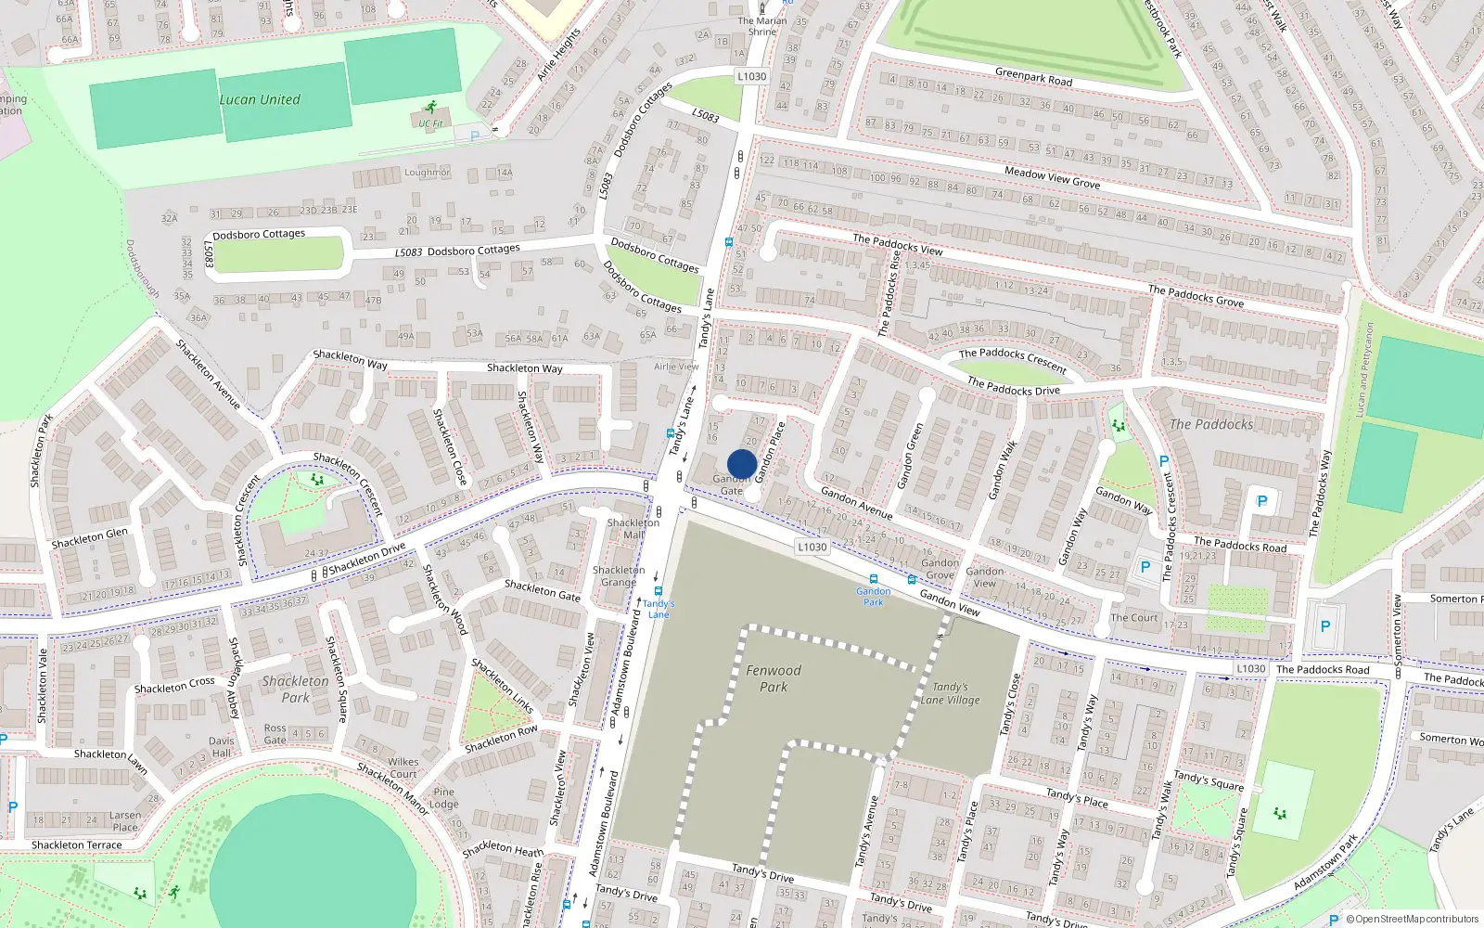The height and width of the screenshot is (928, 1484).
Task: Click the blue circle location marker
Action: pos(742,465)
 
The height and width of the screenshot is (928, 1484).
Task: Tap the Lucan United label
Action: pos(260,99)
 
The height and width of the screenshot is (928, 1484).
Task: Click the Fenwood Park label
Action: pos(774,678)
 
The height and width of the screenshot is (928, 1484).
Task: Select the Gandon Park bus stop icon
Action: pos(874,579)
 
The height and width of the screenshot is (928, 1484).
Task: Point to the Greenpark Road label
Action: pos(1033,76)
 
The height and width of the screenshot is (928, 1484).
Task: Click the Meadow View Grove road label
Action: pos(1052,177)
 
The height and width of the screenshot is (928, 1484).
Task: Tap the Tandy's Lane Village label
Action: pos(951,693)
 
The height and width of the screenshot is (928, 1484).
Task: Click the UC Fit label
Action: pos(430,122)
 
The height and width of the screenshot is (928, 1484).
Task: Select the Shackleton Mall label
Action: pos(633,528)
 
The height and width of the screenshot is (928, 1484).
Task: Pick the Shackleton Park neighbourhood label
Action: pos(295,689)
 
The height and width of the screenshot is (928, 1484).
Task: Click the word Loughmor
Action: pos(427,172)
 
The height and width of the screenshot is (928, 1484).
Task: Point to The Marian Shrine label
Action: pos(762,26)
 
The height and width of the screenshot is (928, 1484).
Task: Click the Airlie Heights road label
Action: pos(558,54)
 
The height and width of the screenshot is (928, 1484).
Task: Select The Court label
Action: pos(1134,617)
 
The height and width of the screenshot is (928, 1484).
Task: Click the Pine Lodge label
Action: pos(444,798)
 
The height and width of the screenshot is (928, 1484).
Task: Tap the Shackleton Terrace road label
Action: pos(76,844)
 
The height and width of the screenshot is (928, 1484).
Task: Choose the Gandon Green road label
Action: pos(910,456)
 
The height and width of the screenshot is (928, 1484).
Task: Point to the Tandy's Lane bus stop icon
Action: pos(659,591)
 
